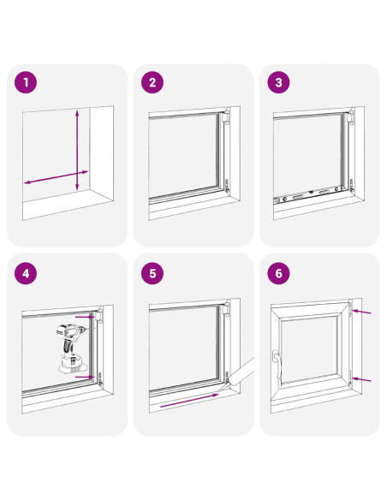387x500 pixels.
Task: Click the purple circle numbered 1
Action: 26,82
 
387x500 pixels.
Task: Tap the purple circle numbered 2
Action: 152,82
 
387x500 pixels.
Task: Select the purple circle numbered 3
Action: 278,82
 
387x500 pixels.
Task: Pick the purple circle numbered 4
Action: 26,273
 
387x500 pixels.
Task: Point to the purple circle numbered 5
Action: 152,273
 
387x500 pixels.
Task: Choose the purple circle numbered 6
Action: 278,273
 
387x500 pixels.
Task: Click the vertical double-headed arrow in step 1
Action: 77,150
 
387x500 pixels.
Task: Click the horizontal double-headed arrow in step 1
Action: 57,177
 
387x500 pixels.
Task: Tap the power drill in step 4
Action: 72,348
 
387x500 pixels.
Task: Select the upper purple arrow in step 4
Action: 85,318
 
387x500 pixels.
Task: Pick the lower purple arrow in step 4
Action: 85,378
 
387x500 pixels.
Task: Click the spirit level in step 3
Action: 308,195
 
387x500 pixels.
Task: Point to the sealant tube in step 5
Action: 240,374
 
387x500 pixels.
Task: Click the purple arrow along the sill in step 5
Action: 189,400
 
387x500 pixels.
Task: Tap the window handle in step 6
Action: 276,365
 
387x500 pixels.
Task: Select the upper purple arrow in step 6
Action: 361,312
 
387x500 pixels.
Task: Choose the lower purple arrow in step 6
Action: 361,379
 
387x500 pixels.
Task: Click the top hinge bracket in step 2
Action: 226,116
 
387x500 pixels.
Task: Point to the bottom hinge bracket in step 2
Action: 227,185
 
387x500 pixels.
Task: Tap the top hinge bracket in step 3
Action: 350,116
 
